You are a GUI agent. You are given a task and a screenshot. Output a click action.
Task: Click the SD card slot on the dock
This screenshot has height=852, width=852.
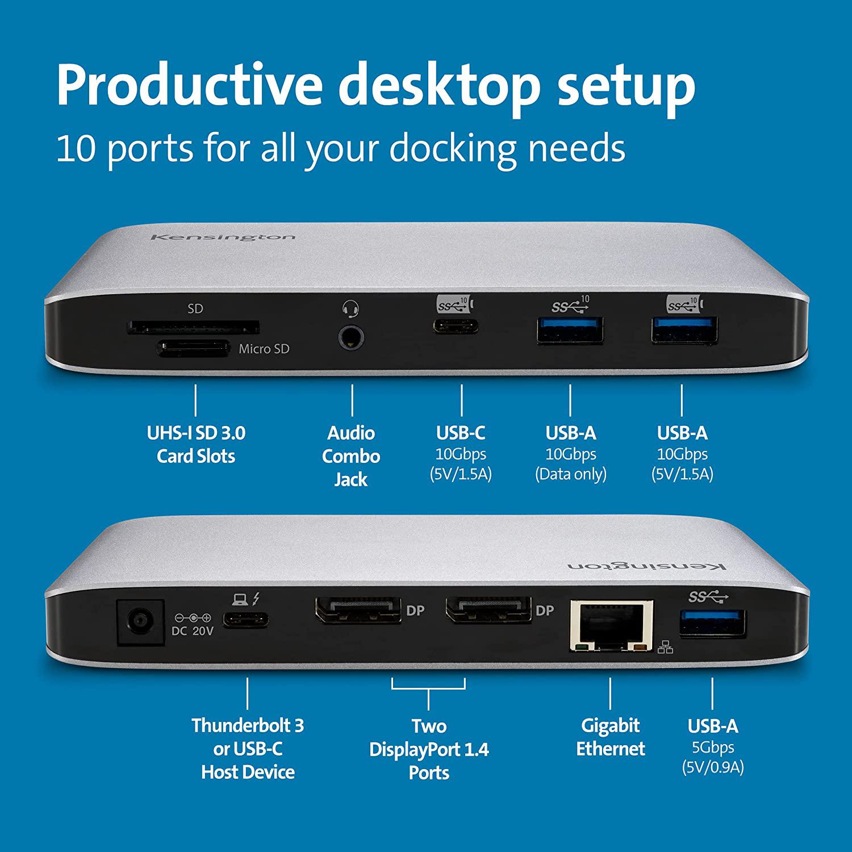(x=193, y=327)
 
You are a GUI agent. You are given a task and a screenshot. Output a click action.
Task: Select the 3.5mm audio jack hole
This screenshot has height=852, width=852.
(x=352, y=338)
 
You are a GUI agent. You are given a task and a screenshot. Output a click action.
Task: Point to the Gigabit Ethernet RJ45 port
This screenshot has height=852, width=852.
(x=611, y=625)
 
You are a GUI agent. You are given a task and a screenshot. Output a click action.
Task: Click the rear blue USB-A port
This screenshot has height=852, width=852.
(x=712, y=623)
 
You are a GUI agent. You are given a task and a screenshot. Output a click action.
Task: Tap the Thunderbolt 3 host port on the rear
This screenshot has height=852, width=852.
(x=246, y=620)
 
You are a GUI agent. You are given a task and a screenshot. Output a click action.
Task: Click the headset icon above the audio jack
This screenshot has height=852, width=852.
(x=351, y=309)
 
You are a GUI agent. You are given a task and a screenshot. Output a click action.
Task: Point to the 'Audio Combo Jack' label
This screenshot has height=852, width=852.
(x=351, y=456)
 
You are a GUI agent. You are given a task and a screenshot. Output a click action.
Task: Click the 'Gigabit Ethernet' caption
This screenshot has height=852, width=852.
(x=611, y=737)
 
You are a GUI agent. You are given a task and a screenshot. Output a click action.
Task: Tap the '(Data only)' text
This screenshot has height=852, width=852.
(x=570, y=474)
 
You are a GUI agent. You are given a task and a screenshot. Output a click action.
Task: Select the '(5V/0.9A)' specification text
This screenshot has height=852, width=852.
(x=712, y=767)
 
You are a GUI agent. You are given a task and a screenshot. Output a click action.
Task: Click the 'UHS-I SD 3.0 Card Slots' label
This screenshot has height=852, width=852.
(x=196, y=445)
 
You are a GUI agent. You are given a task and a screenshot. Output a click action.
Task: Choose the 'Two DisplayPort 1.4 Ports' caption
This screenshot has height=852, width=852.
(x=429, y=749)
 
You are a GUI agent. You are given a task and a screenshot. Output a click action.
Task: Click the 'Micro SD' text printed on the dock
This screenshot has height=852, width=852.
(x=264, y=349)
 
